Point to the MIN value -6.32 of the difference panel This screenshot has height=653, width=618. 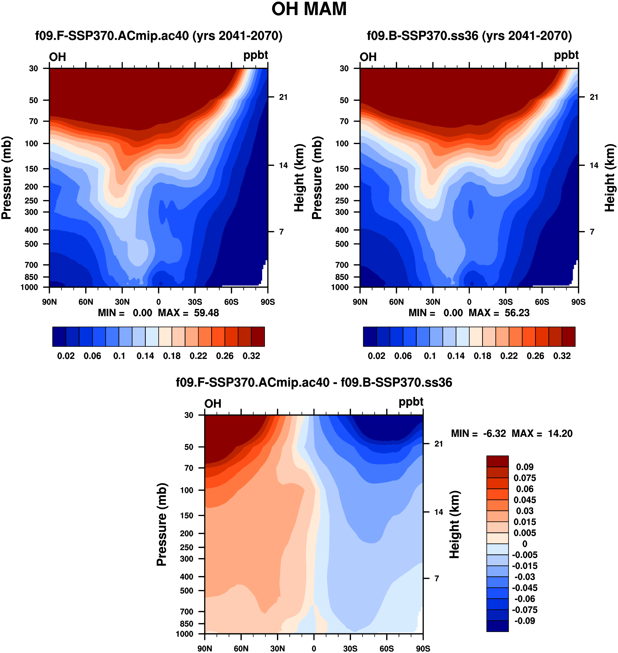point(494,433)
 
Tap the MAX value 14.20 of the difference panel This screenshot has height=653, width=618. point(560,433)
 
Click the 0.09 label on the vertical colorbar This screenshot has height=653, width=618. point(524,467)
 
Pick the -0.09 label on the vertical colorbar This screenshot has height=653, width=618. point(524,621)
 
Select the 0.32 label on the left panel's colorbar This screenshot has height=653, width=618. point(251,356)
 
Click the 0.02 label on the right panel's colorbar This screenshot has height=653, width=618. point(377,356)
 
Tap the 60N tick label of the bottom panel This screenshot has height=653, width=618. point(241,648)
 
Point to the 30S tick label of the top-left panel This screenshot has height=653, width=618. point(195,302)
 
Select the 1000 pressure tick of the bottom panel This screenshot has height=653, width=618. point(184,634)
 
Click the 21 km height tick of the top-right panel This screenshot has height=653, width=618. point(594,97)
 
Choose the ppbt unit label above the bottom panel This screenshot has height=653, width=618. point(411,402)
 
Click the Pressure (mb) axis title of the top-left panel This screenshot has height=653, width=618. point(7,178)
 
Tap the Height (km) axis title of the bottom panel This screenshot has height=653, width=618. point(455,525)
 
